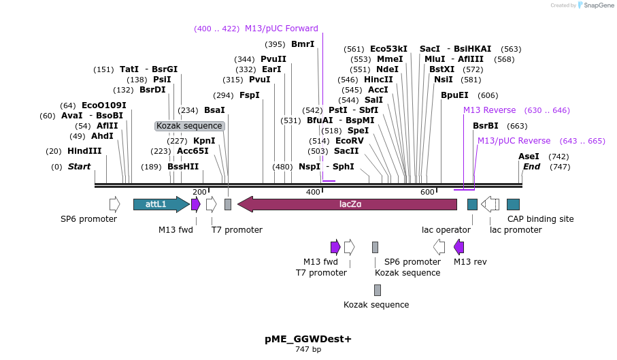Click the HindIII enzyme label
[x=84, y=151]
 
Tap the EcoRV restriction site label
[x=350, y=141]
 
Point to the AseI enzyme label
[x=529, y=157]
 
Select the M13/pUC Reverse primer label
[x=514, y=141]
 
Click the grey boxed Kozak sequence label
[x=189, y=126]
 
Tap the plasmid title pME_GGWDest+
[x=308, y=339]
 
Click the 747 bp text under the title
[x=308, y=350]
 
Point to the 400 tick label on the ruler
[x=313, y=192]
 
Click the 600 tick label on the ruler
[x=427, y=192]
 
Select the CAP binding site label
[x=540, y=219]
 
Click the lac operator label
[x=446, y=230]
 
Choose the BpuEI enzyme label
[x=454, y=95]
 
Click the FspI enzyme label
[x=249, y=95]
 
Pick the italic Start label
[x=79, y=167]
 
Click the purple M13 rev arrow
[x=459, y=246]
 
